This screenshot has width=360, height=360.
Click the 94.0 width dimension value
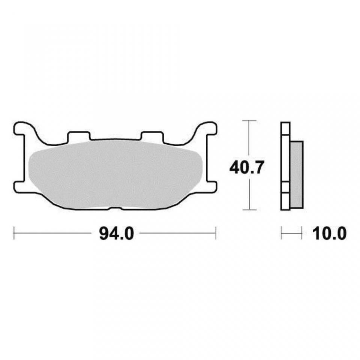[116, 234]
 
